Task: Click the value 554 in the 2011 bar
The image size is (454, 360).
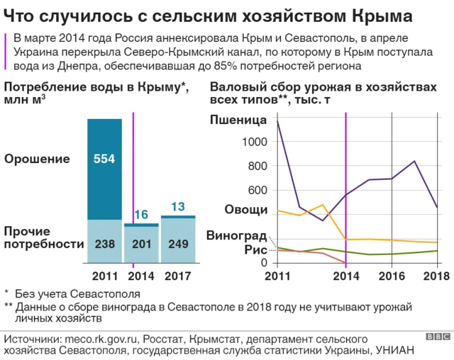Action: click(104, 159)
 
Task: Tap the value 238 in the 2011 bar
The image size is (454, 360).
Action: click(104, 244)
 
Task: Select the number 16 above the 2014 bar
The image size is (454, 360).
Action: click(141, 215)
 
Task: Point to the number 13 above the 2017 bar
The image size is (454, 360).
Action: click(178, 207)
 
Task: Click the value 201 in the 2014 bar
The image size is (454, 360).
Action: click(141, 244)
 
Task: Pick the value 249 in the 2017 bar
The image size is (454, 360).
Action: click(178, 244)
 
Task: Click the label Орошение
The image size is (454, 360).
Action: click(38, 159)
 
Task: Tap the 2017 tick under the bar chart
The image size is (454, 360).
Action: click(178, 276)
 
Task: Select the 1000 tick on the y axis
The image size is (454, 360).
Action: click(253, 142)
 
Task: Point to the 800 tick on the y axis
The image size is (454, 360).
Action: click(256, 167)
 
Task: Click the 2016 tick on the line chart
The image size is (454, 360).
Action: click(392, 276)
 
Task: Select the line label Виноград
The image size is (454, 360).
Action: click(236, 235)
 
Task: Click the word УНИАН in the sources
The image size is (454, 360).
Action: click(392, 350)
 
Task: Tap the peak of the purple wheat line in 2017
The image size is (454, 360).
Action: click(414, 161)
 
